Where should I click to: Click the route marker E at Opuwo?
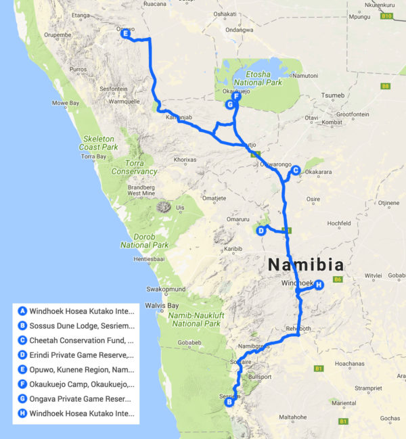coord(126,33)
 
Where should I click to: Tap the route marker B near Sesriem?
coord(229,402)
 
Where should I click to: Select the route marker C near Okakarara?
coord(296,170)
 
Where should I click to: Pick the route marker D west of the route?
coord(261,231)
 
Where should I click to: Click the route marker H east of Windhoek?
coord(319,285)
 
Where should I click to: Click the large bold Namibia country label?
coord(305,264)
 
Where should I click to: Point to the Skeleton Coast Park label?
coord(99,143)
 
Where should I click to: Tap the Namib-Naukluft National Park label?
coord(197,319)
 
